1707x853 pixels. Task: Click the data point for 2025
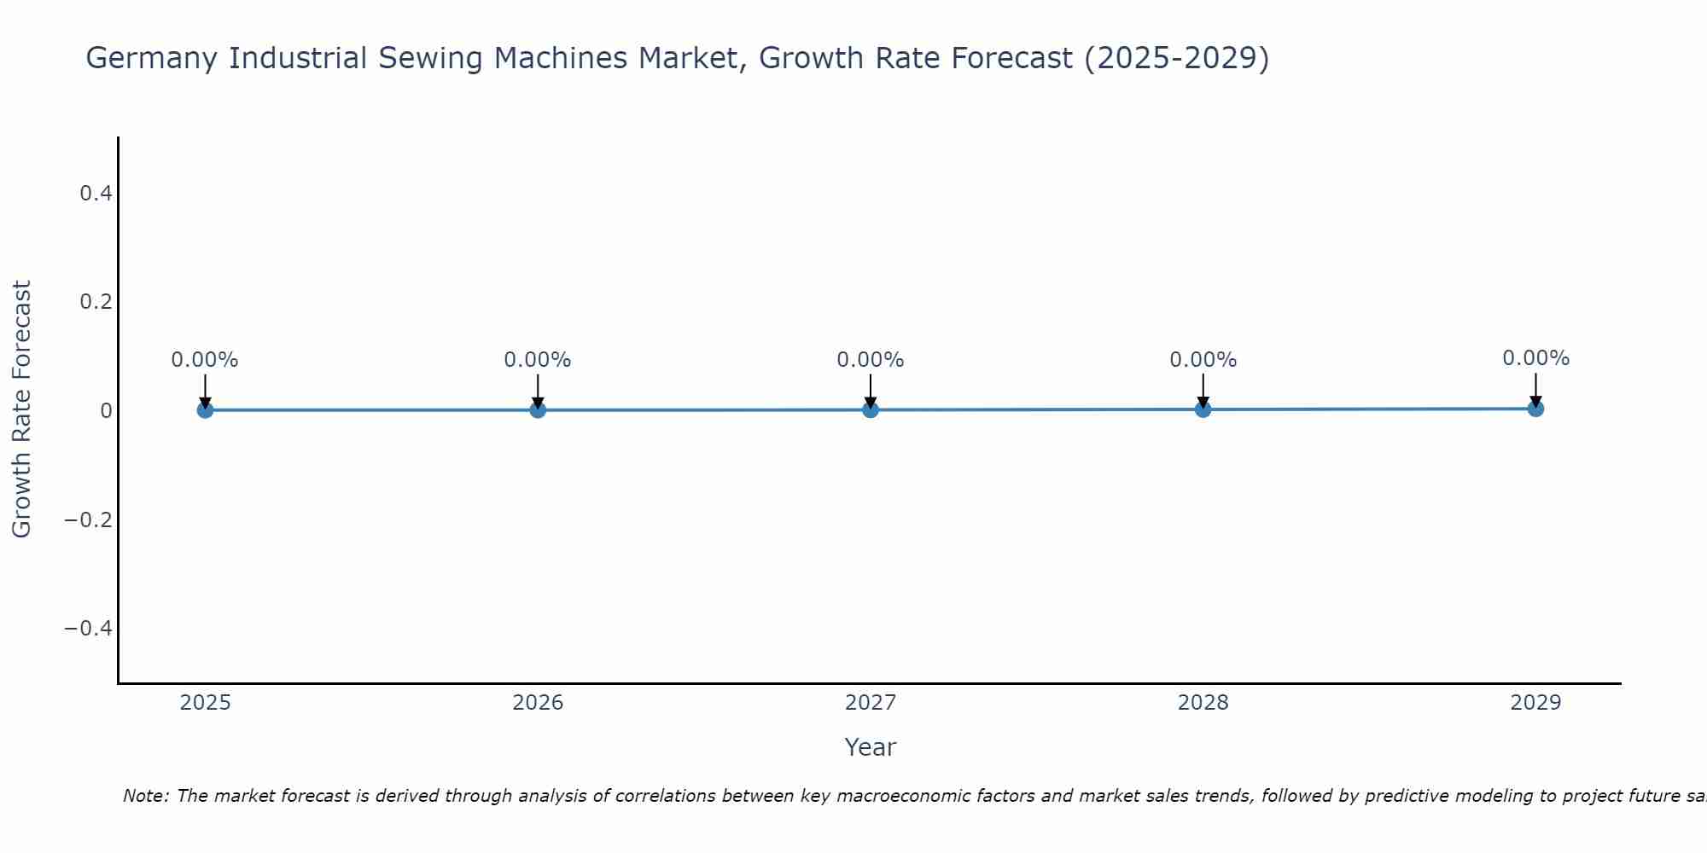click(x=205, y=410)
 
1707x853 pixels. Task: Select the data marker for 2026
click(x=538, y=410)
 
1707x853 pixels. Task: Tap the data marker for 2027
click(x=871, y=410)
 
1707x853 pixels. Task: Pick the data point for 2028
click(x=1203, y=409)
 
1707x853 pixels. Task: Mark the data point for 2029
click(x=1535, y=409)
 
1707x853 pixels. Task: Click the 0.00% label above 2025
click(x=205, y=360)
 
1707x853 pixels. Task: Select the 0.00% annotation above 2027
click(x=871, y=360)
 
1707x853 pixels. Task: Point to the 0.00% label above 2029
click(x=1535, y=358)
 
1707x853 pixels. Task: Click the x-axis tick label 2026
click(x=538, y=703)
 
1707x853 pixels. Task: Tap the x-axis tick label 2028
click(x=1203, y=703)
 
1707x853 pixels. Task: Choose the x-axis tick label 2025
click(x=205, y=703)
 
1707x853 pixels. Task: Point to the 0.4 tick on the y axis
click(x=96, y=194)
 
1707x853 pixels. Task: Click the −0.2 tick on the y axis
click(x=89, y=519)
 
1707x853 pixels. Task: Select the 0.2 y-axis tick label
click(x=96, y=302)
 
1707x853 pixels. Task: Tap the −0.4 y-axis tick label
click(x=89, y=629)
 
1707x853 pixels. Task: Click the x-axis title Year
click(x=870, y=747)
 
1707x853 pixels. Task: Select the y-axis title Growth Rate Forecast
click(x=22, y=409)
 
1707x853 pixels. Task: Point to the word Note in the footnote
click(x=145, y=796)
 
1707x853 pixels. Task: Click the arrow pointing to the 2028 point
click(x=1203, y=391)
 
